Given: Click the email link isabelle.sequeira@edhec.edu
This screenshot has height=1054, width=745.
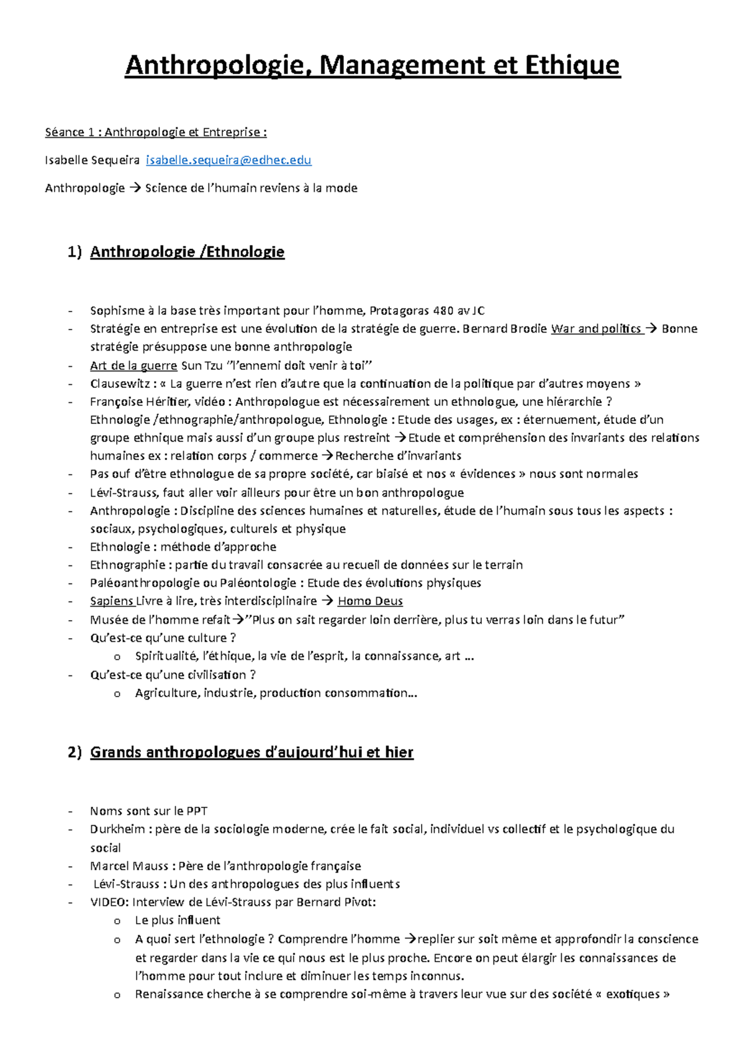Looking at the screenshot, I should (x=228, y=160).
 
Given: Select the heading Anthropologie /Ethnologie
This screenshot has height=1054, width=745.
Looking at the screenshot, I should (x=187, y=251).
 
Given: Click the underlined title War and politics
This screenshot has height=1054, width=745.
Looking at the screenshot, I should (x=596, y=328).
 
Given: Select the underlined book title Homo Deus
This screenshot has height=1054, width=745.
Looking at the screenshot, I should (x=370, y=601).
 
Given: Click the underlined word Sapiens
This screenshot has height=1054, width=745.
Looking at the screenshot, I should (x=111, y=601).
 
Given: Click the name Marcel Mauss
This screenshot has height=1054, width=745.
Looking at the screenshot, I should (x=129, y=866).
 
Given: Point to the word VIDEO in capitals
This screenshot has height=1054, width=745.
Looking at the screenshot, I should (x=109, y=902).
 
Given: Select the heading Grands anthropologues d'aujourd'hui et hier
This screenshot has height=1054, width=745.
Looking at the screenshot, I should (x=251, y=752).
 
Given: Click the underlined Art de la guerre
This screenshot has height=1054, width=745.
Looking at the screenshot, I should (x=133, y=365).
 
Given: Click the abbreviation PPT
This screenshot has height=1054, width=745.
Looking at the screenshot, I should (x=197, y=811).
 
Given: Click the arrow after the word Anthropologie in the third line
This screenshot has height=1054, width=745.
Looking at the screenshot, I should (x=135, y=188).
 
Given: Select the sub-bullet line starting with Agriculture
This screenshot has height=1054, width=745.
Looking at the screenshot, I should (x=276, y=693).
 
